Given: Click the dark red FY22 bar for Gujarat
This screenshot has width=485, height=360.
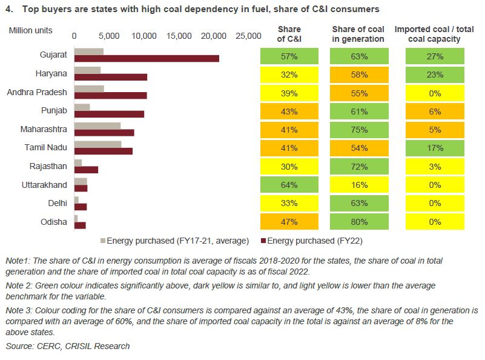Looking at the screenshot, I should [146, 58].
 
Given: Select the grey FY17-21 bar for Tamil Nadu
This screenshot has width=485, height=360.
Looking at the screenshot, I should [97, 144].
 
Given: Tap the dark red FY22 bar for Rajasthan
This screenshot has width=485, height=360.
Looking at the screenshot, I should [86, 170].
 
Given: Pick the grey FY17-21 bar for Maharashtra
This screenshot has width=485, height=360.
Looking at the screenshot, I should [97, 125].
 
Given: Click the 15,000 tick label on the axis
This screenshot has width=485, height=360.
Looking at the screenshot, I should [180, 36].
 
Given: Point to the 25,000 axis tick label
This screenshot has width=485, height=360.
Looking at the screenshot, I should [248, 36].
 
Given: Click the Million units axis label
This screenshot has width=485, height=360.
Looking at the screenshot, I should [31, 30].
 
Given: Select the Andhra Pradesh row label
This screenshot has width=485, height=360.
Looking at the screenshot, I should [36, 92].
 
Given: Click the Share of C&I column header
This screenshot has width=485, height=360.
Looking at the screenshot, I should [289, 34].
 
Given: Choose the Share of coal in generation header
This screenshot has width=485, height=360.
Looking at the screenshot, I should [358, 34].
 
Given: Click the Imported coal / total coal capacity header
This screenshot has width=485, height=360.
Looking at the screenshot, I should [434, 34].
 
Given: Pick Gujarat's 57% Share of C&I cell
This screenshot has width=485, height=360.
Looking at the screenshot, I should [289, 56].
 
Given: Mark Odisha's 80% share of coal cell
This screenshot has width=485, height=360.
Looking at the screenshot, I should [358, 222].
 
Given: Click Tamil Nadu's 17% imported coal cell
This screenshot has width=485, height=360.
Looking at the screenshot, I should [434, 148].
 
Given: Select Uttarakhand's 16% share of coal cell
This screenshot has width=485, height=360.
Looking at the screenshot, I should [358, 185].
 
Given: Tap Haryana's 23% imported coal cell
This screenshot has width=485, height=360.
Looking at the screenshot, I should [434, 75].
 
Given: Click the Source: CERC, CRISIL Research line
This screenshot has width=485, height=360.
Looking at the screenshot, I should [68, 346].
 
